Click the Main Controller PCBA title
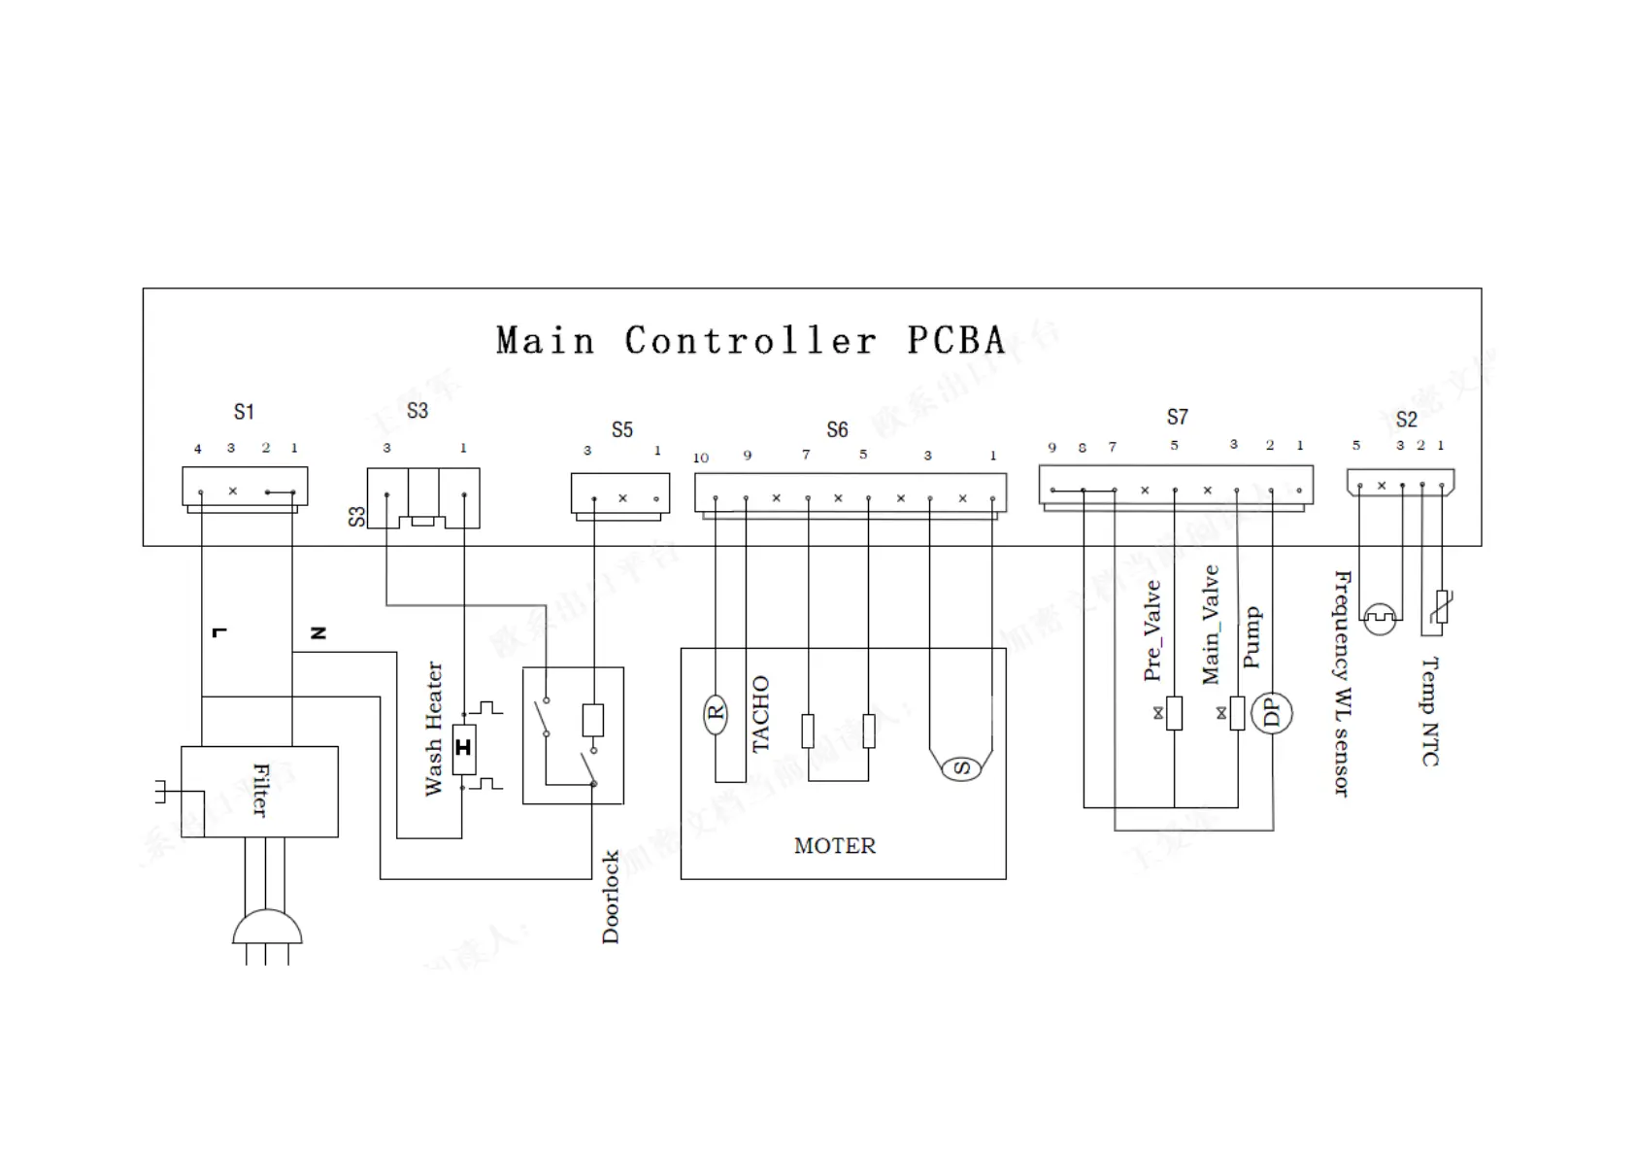click(750, 341)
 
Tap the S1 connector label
click(244, 412)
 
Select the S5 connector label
click(621, 430)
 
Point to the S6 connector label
click(837, 430)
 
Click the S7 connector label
click(1177, 418)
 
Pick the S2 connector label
click(1406, 420)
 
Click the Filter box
click(259, 791)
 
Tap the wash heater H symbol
click(464, 748)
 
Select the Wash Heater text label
click(433, 729)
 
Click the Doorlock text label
click(610, 897)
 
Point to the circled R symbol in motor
click(716, 714)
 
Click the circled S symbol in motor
click(961, 768)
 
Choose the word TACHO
click(760, 714)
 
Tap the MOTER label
click(834, 846)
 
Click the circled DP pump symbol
click(1271, 714)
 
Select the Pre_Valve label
click(1152, 630)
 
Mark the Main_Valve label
click(1211, 625)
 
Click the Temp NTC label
click(1430, 711)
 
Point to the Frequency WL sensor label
click(1342, 683)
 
